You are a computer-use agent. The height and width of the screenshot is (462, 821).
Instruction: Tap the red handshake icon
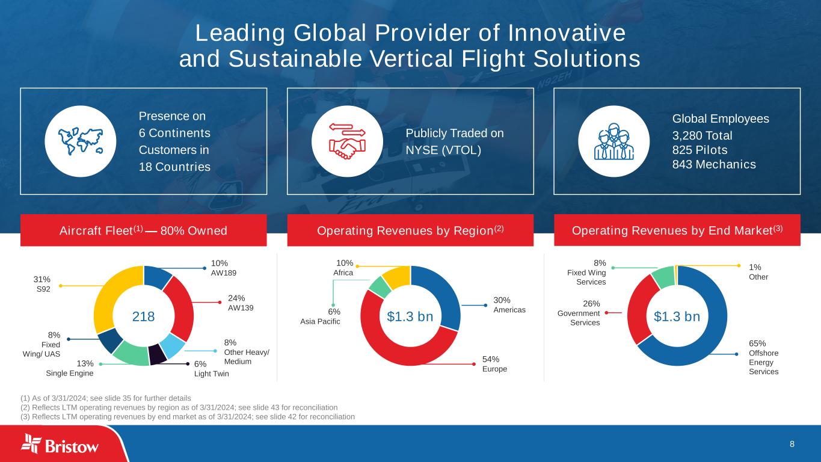(347, 141)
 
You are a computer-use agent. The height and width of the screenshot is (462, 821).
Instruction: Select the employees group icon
(613, 141)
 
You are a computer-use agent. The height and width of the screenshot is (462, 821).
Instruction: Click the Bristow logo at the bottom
(60, 445)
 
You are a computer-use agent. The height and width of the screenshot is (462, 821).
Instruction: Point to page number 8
(792, 444)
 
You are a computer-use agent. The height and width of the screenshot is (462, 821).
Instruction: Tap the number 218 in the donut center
(144, 316)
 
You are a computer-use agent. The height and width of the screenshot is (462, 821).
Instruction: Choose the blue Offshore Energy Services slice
(710, 337)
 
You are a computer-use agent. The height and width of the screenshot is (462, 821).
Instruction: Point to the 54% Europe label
(494, 364)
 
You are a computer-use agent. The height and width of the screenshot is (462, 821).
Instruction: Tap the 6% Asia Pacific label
(320, 316)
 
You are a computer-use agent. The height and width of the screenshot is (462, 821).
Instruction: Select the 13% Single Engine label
(70, 368)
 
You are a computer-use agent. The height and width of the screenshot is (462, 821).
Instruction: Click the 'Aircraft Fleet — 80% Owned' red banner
(144, 230)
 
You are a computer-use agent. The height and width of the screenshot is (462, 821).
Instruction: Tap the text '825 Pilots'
(700, 150)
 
